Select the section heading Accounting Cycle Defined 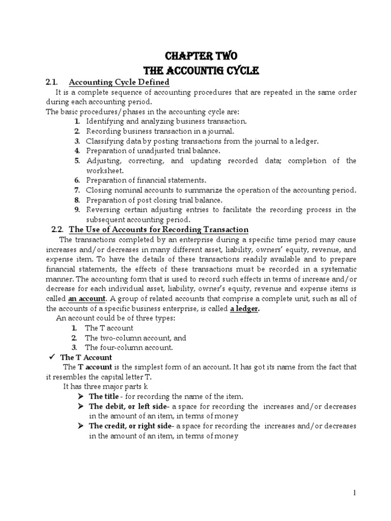pos(119,82)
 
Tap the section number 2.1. pos(52,82)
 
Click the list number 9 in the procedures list pos(77,210)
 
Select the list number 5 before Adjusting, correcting pos(77,161)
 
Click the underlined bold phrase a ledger pos(245,308)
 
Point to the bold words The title pos(104,396)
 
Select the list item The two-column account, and pos(135,338)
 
